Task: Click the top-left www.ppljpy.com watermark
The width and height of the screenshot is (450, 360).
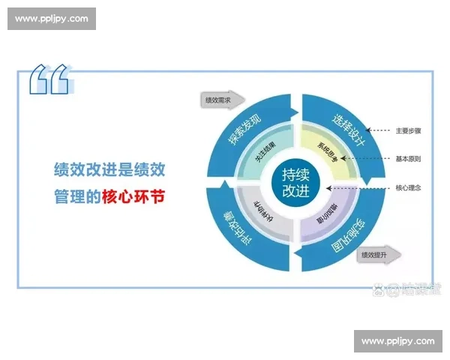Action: point(51,19)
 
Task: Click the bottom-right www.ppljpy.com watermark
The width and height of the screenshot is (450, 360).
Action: point(397,341)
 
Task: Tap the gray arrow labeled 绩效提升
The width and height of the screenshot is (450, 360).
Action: point(377,255)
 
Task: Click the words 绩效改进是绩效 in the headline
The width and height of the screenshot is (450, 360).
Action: point(110,169)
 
